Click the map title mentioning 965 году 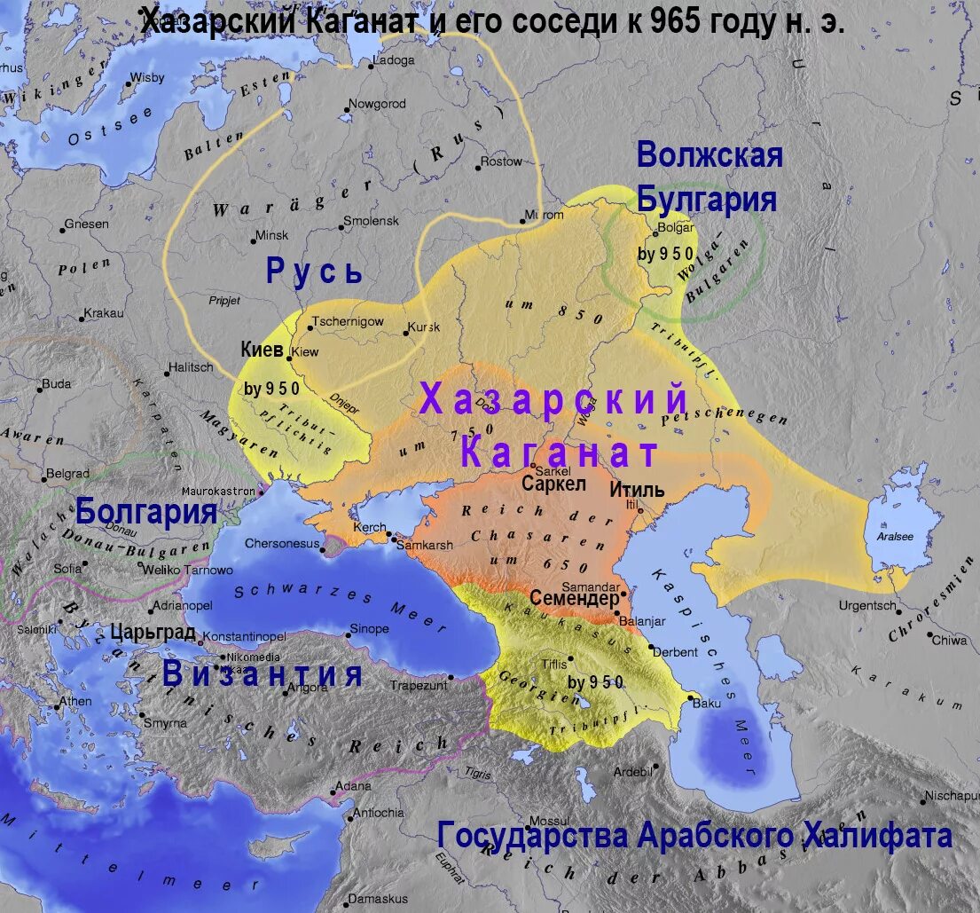[492, 23]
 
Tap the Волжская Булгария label [709, 177]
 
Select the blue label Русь [315, 272]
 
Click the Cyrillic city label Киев [262, 350]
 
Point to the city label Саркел [553, 484]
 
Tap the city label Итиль [637, 489]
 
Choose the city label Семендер [574, 599]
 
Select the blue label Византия [263, 674]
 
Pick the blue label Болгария [146, 512]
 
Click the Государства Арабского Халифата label [694, 835]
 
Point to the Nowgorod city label [377, 104]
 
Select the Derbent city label [676, 652]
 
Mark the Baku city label [708, 704]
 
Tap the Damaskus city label [378, 899]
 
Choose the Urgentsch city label [868, 606]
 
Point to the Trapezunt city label [419, 685]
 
